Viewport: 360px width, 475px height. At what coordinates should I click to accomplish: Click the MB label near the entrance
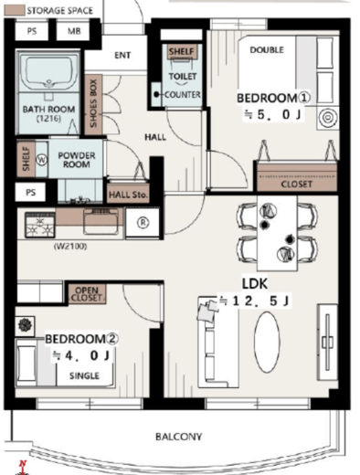[74, 31]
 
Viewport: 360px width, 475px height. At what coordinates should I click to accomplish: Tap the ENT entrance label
[122, 55]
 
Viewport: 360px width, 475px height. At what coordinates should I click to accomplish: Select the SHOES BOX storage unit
[93, 104]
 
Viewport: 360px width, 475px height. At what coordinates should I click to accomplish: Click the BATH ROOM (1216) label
[48, 113]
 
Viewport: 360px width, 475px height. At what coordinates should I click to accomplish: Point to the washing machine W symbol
[42, 160]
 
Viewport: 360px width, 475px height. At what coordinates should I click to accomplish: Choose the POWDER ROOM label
[77, 160]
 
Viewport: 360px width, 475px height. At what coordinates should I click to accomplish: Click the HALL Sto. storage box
[128, 194]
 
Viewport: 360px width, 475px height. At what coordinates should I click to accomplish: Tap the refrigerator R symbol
[143, 223]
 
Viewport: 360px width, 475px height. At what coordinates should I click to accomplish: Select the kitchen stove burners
[40, 225]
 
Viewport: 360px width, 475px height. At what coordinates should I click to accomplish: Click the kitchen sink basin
[101, 223]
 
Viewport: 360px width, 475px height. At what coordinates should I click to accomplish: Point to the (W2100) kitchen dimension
[70, 246]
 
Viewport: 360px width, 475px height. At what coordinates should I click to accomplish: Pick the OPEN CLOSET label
[87, 294]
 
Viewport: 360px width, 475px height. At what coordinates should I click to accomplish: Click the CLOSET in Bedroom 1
[297, 177]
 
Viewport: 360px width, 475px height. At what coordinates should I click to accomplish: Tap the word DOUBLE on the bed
[267, 50]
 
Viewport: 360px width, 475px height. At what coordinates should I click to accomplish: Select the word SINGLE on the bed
[84, 375]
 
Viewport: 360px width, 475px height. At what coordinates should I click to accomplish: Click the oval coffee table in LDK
[267, 342]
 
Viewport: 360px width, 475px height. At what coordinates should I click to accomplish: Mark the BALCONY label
[178, 437]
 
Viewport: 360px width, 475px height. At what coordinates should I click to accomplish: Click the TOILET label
[183, 76]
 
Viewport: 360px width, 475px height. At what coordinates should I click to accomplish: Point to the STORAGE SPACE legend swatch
[15, 10]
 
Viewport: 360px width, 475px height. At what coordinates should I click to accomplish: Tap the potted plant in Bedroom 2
[25, 325]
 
